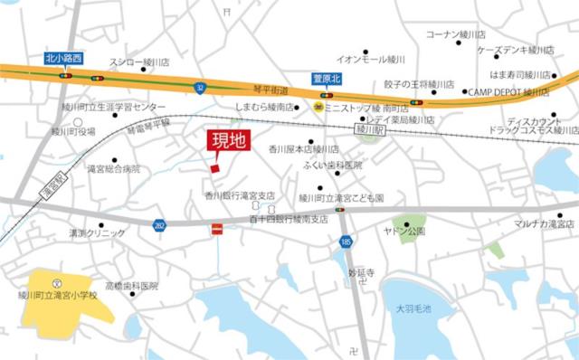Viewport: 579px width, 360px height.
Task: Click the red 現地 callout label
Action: click(x=228, y=141)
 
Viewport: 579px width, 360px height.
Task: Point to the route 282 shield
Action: click(x=159, y=223)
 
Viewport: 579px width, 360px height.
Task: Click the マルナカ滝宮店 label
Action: click(x=544, y=223)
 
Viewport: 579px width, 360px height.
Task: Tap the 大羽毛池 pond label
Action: click(x=413, y=308)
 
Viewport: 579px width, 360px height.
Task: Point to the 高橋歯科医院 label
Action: click(x=131, y=286)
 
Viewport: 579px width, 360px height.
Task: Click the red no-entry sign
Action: click(x=215, y=232)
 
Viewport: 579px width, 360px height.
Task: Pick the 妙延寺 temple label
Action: click(x=362, y=270)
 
